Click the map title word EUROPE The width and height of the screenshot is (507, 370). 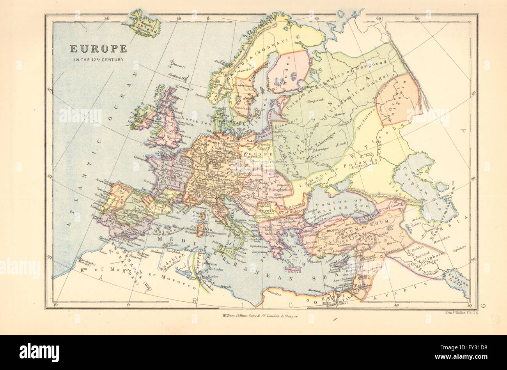coord(98,49)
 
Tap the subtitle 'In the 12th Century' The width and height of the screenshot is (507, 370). coord(98,60)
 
